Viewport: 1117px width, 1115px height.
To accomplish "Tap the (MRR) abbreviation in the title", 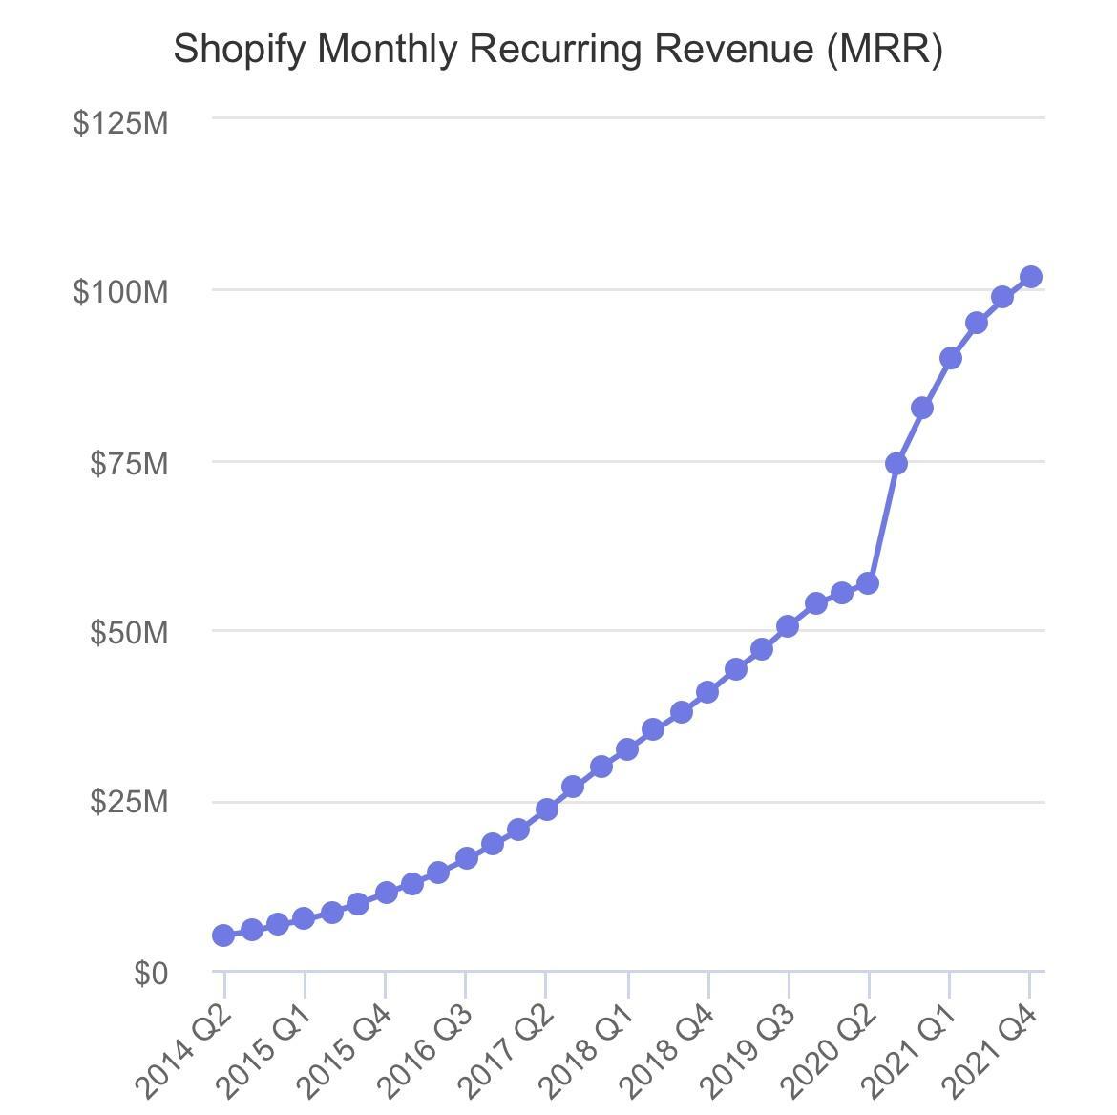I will (x=884, y=49).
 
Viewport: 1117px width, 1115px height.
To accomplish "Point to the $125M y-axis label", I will (x=120, y=122).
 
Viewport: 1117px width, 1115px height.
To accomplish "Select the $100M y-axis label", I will (x=120, y=291).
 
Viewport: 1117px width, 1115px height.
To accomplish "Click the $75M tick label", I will (x=129, y=463).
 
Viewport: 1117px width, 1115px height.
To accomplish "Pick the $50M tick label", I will (x=129, y=632).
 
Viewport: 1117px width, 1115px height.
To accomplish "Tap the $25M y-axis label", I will (x=129, y=802).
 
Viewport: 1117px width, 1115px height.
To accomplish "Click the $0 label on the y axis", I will (x=151, y=973).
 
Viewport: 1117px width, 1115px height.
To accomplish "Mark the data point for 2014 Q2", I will (x=223, y=936).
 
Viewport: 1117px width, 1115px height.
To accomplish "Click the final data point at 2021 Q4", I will (x=1031, y=277).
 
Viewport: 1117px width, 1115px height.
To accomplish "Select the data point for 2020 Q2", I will (x=868, y=583).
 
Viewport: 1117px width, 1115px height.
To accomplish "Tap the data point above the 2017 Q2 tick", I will (x=547, y=810).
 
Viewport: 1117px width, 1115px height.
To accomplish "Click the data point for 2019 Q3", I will (x=788, y=626).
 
